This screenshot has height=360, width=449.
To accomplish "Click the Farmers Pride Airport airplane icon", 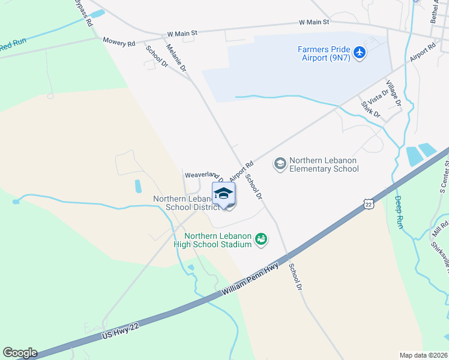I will click(x=360, y=53).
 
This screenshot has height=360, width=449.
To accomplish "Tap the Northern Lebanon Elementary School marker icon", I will click(x=279, y=163).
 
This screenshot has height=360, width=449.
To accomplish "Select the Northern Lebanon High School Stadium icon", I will click(x=261, y=239).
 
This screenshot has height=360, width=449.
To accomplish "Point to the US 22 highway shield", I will click(x=369, y=205).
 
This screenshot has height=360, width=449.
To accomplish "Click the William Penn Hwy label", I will click(x=250, y=280).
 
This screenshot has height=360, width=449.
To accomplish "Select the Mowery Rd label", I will click(x=118, y=43).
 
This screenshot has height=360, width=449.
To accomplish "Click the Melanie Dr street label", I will click(x=176, y=58).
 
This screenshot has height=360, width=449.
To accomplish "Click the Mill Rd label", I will click(x=440, y=227).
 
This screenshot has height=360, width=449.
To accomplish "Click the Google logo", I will click(x=20, y=353).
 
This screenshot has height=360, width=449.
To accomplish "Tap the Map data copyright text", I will click(x=424, y=355).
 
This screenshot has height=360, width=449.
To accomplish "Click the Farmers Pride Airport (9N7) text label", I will click(x=324, y=53).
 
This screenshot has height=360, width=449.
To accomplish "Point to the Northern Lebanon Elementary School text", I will click(x=324, y=164).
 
